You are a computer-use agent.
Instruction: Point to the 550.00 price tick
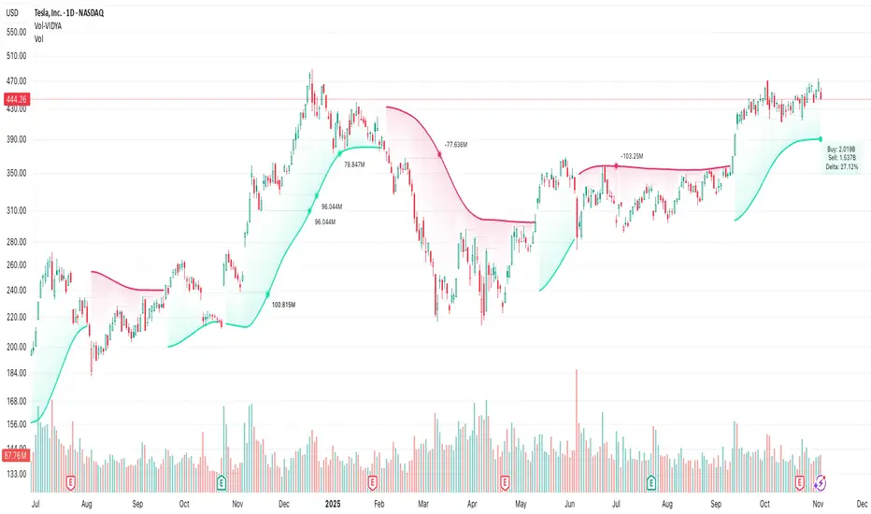pos(16,31)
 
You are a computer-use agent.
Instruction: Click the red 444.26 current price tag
pos(16,99)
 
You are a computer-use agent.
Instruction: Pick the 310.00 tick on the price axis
pos(16,211)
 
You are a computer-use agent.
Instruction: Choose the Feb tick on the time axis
pos(378,501)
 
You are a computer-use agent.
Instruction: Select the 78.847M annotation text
pos(355,164)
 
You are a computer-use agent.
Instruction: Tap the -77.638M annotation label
pos(457,144)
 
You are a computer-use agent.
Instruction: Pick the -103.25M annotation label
pos(633,156)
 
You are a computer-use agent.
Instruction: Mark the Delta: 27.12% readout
pos(843,165)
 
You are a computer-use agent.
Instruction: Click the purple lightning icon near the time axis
pos(821,481)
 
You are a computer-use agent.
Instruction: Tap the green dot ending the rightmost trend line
pos(821,139)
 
